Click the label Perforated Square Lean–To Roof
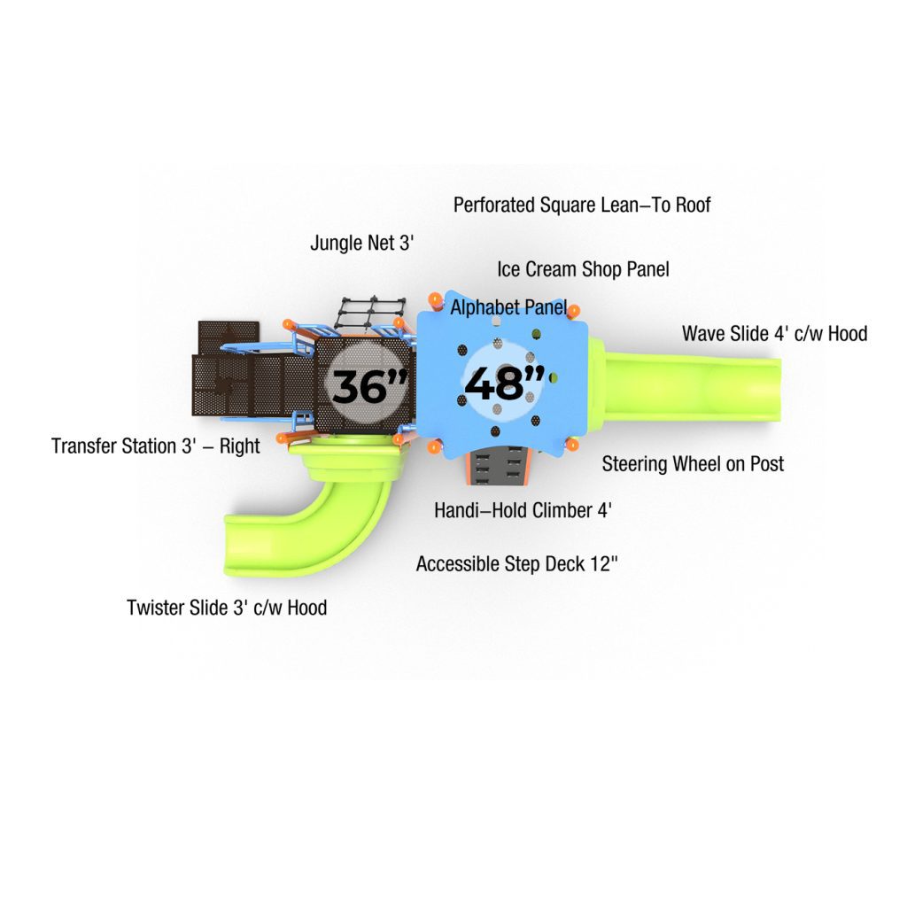tap(582, 205)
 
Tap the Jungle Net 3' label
tap(362, 243)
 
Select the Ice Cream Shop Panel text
tap(583, 269)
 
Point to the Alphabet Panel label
tap(508, 307)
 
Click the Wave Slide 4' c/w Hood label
tap(774, 334)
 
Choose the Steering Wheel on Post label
tap(693, 464)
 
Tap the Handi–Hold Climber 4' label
tap(523, 511)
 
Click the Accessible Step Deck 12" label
tap(517, 564)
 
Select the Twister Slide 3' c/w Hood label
tap(227, 608)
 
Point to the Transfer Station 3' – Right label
tap(156, 446)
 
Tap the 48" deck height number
tap(504, 383)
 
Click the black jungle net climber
tap(371, 314)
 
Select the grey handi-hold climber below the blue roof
tap(498, 466)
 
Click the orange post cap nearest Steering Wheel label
tap(572, 445)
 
